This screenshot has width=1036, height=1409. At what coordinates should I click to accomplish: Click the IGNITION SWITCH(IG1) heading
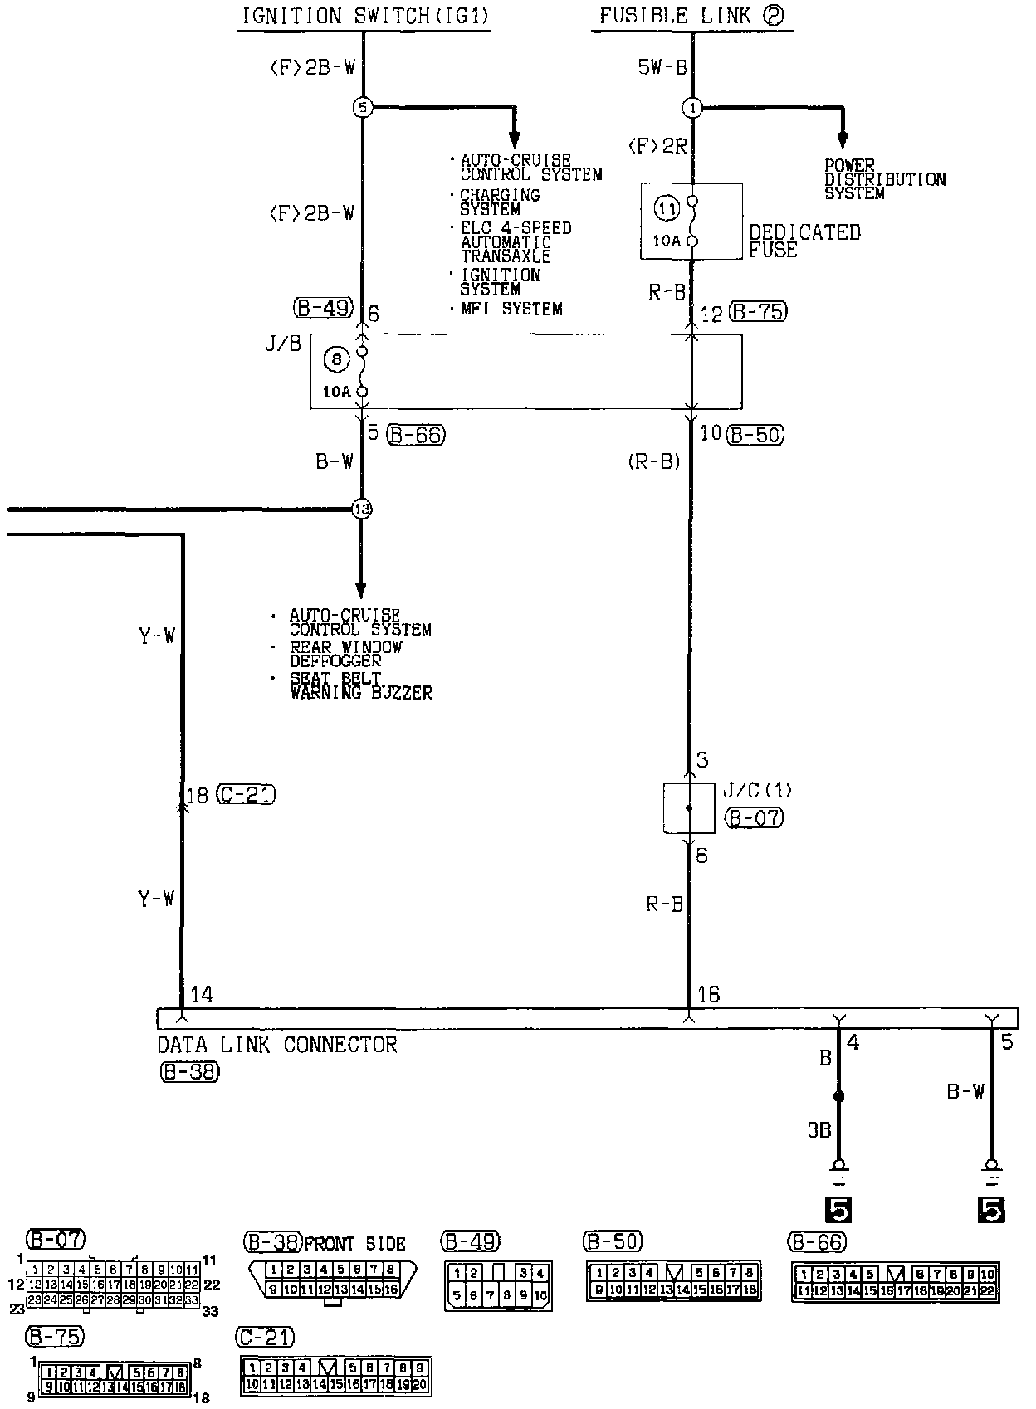click(364, 16)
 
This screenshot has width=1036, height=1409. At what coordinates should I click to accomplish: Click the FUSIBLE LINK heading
click(691, 16)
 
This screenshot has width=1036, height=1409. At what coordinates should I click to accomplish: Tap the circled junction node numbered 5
click(363, 107)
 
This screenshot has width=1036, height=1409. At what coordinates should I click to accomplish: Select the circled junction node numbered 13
click(361, 509)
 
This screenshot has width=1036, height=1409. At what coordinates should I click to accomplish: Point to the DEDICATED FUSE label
click(804, 241)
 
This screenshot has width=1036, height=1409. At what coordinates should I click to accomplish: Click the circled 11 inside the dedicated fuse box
click(667, 209)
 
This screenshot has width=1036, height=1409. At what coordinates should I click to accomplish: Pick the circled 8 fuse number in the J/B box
click(336, 359)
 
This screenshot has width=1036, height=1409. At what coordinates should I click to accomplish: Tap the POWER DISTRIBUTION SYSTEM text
click(884, 179)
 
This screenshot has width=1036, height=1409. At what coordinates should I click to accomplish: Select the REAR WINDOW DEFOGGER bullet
click(345, 654)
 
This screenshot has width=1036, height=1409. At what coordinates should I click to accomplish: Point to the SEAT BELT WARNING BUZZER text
click(359, 685)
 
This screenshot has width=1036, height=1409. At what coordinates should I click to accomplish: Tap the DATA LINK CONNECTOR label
click(277, 1045)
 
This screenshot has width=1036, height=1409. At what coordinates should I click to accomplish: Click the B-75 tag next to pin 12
click(757, 313)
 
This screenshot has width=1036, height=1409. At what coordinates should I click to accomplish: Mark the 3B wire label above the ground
click(819, 1130)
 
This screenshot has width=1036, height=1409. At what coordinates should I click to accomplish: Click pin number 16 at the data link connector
click(708, 994)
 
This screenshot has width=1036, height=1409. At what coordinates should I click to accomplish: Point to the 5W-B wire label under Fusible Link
click(662, 67)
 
